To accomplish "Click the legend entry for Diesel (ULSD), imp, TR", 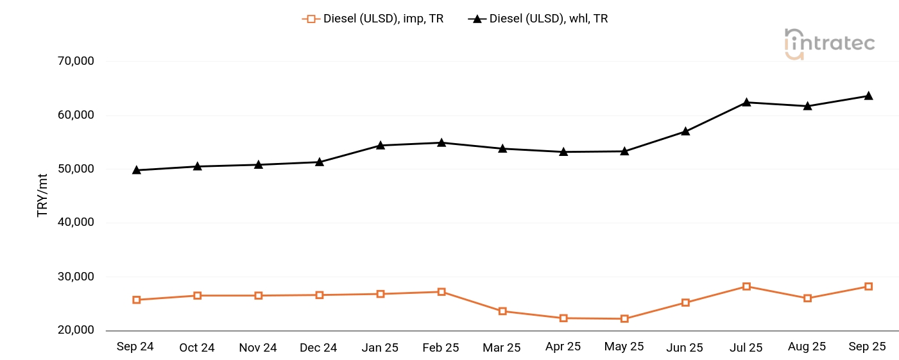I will tap(373, 19).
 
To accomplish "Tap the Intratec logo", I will tap(829, 44).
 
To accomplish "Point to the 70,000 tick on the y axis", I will tap(76, 62).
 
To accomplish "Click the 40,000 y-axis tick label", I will tap(76, 223).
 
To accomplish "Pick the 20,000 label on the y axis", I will tap(76, 330).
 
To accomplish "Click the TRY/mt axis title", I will tap(43, 196).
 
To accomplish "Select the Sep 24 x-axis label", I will tap(135, 347).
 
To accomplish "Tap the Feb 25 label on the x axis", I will tap(441, 348).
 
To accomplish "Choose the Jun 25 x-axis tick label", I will tap(685, 348).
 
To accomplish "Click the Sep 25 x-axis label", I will tap(868, 347).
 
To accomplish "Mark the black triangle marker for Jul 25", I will tap(746, 102).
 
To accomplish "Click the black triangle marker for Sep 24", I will tap(136, 170).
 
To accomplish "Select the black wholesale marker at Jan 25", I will tap(381, 145).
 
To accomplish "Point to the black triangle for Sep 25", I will tap(868, 96).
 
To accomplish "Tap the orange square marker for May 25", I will tap(624, 319).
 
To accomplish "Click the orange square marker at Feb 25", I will tap(441, 292).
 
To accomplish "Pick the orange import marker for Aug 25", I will tap(807, 298).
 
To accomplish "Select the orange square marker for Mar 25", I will tap(502, 311).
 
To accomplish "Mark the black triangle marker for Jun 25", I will tap(685, 131).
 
